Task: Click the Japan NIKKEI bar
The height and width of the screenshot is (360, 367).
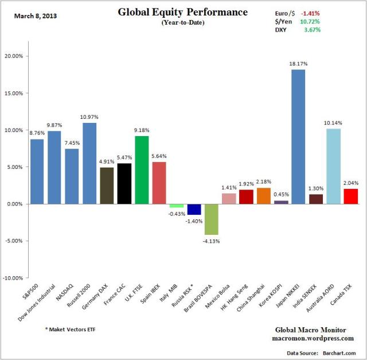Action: [x=298, y=137]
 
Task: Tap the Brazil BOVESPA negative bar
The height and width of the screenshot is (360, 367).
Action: [x=211, y=219]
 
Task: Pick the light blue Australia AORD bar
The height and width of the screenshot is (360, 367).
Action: [x=333, y=167]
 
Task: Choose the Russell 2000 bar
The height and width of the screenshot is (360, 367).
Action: [x=89, y=164]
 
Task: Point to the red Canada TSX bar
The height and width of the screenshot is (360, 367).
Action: [x=350, y=196]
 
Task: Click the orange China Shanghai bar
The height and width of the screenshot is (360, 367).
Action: [x=263, y=196]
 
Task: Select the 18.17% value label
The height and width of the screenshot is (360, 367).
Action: [x=298, y=65]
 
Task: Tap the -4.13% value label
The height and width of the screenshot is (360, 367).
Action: [x=211, y=241]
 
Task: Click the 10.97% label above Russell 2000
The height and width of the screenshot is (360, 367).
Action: [x=89, y=118]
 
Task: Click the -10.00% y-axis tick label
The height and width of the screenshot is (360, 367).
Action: [x=27, y=278]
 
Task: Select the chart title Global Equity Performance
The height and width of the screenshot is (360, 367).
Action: [x=182, y=12]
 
